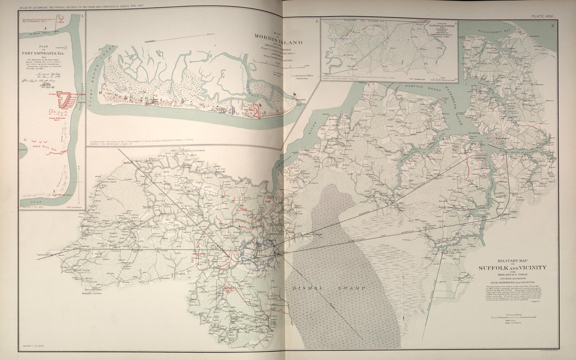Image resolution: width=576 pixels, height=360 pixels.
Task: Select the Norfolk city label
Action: pos(497,140)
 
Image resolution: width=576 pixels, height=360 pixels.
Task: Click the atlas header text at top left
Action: pos(81,5)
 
